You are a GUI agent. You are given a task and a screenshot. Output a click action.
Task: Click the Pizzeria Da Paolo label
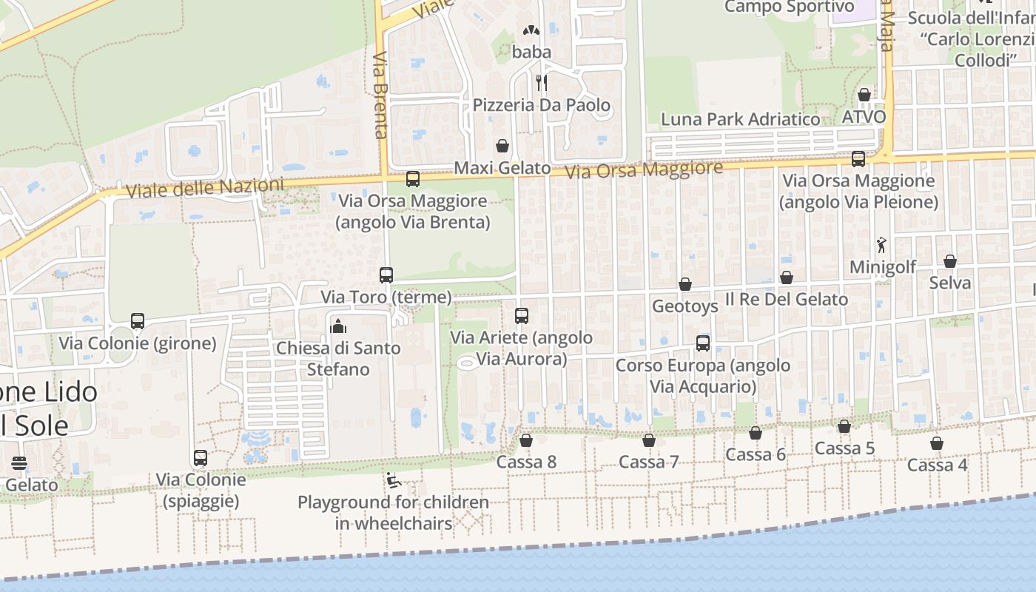(542, 105)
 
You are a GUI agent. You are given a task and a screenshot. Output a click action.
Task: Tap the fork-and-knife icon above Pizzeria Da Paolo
(542, 82)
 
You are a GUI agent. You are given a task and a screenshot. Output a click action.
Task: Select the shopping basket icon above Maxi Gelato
(502, 146)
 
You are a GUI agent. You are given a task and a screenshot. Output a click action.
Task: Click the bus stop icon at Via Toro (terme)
(386, 275)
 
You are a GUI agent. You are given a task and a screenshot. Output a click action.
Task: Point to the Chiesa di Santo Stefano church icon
(338, 326)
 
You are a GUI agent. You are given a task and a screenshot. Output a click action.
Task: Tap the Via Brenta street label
(381, 95)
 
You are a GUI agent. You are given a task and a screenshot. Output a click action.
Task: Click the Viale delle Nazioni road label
(204, 188)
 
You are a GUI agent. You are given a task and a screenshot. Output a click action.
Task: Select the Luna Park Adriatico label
(740, 119)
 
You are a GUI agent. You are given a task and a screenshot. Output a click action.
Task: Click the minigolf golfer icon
(881, 245)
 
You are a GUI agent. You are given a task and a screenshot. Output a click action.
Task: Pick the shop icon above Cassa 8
(526, 441)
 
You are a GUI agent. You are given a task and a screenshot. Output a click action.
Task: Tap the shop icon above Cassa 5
(844, 427)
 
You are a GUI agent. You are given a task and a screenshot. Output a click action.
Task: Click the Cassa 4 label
(937, 465)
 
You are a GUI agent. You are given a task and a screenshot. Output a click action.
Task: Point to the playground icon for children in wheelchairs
(394, 481)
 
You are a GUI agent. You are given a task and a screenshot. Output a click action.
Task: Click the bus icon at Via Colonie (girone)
(138, 321)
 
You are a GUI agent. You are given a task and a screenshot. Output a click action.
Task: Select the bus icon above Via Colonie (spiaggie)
(201, 458)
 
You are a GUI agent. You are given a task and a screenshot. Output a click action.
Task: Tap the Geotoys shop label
(685, 306)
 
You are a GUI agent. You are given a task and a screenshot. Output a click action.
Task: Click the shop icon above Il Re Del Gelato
(787, 278)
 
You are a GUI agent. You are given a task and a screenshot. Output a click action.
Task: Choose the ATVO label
(864, 117)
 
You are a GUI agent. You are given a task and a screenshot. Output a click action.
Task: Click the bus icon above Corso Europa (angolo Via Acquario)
(703, 343)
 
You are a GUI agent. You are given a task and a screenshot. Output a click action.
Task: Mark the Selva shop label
(950, 283)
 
